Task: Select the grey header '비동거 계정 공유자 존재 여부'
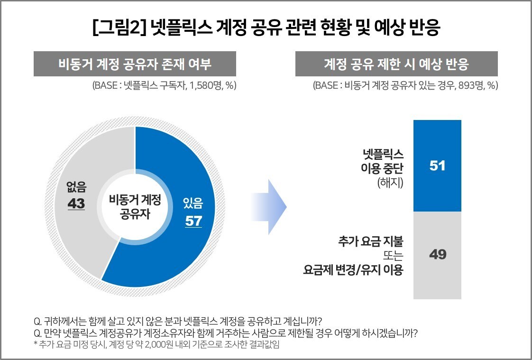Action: pos(135,64)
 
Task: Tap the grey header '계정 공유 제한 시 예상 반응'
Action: pos(396,64)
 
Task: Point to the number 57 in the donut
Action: pos(193,221)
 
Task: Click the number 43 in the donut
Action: pos(76,203)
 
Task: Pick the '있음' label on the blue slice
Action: pos(193,204)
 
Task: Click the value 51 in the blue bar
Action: pos(437,166)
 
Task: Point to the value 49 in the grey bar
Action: pos(437,255)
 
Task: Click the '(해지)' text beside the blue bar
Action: pos(390,183)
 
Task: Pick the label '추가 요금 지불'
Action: pos(370,241)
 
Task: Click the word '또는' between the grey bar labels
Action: pos(392,256)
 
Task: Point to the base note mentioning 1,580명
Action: pos(165,86)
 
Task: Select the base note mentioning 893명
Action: pos(405,86)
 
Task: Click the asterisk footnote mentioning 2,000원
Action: pos(156,345)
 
